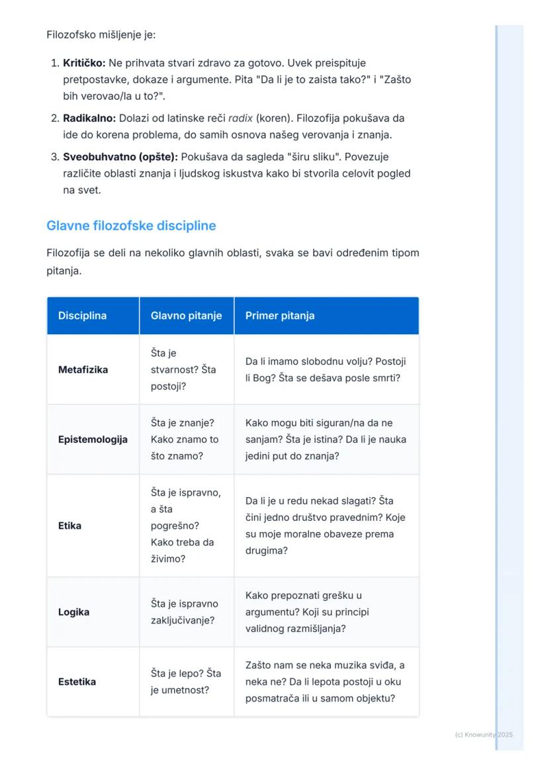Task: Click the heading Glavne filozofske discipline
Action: [131, 226]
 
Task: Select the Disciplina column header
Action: [82, 316]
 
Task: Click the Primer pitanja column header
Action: [280, 316]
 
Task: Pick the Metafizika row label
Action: [83, 369]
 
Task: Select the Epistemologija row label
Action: [93, 439]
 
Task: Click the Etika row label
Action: [69, 526]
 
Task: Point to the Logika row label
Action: [73, 612]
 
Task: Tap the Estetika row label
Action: [77, 682]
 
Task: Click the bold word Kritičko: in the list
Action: [84, 64]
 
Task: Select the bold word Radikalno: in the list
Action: [89, 118]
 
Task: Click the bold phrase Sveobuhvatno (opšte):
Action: [120, 157]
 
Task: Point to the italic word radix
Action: [240, 118]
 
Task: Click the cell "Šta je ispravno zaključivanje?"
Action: [184, 612]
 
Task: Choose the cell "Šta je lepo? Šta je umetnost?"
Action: [186, 682]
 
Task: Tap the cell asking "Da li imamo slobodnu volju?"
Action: [326, 369]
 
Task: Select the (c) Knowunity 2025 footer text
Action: [484, 735]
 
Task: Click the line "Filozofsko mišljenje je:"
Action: [101, 34]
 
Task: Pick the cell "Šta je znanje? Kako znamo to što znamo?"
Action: [185, 439]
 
